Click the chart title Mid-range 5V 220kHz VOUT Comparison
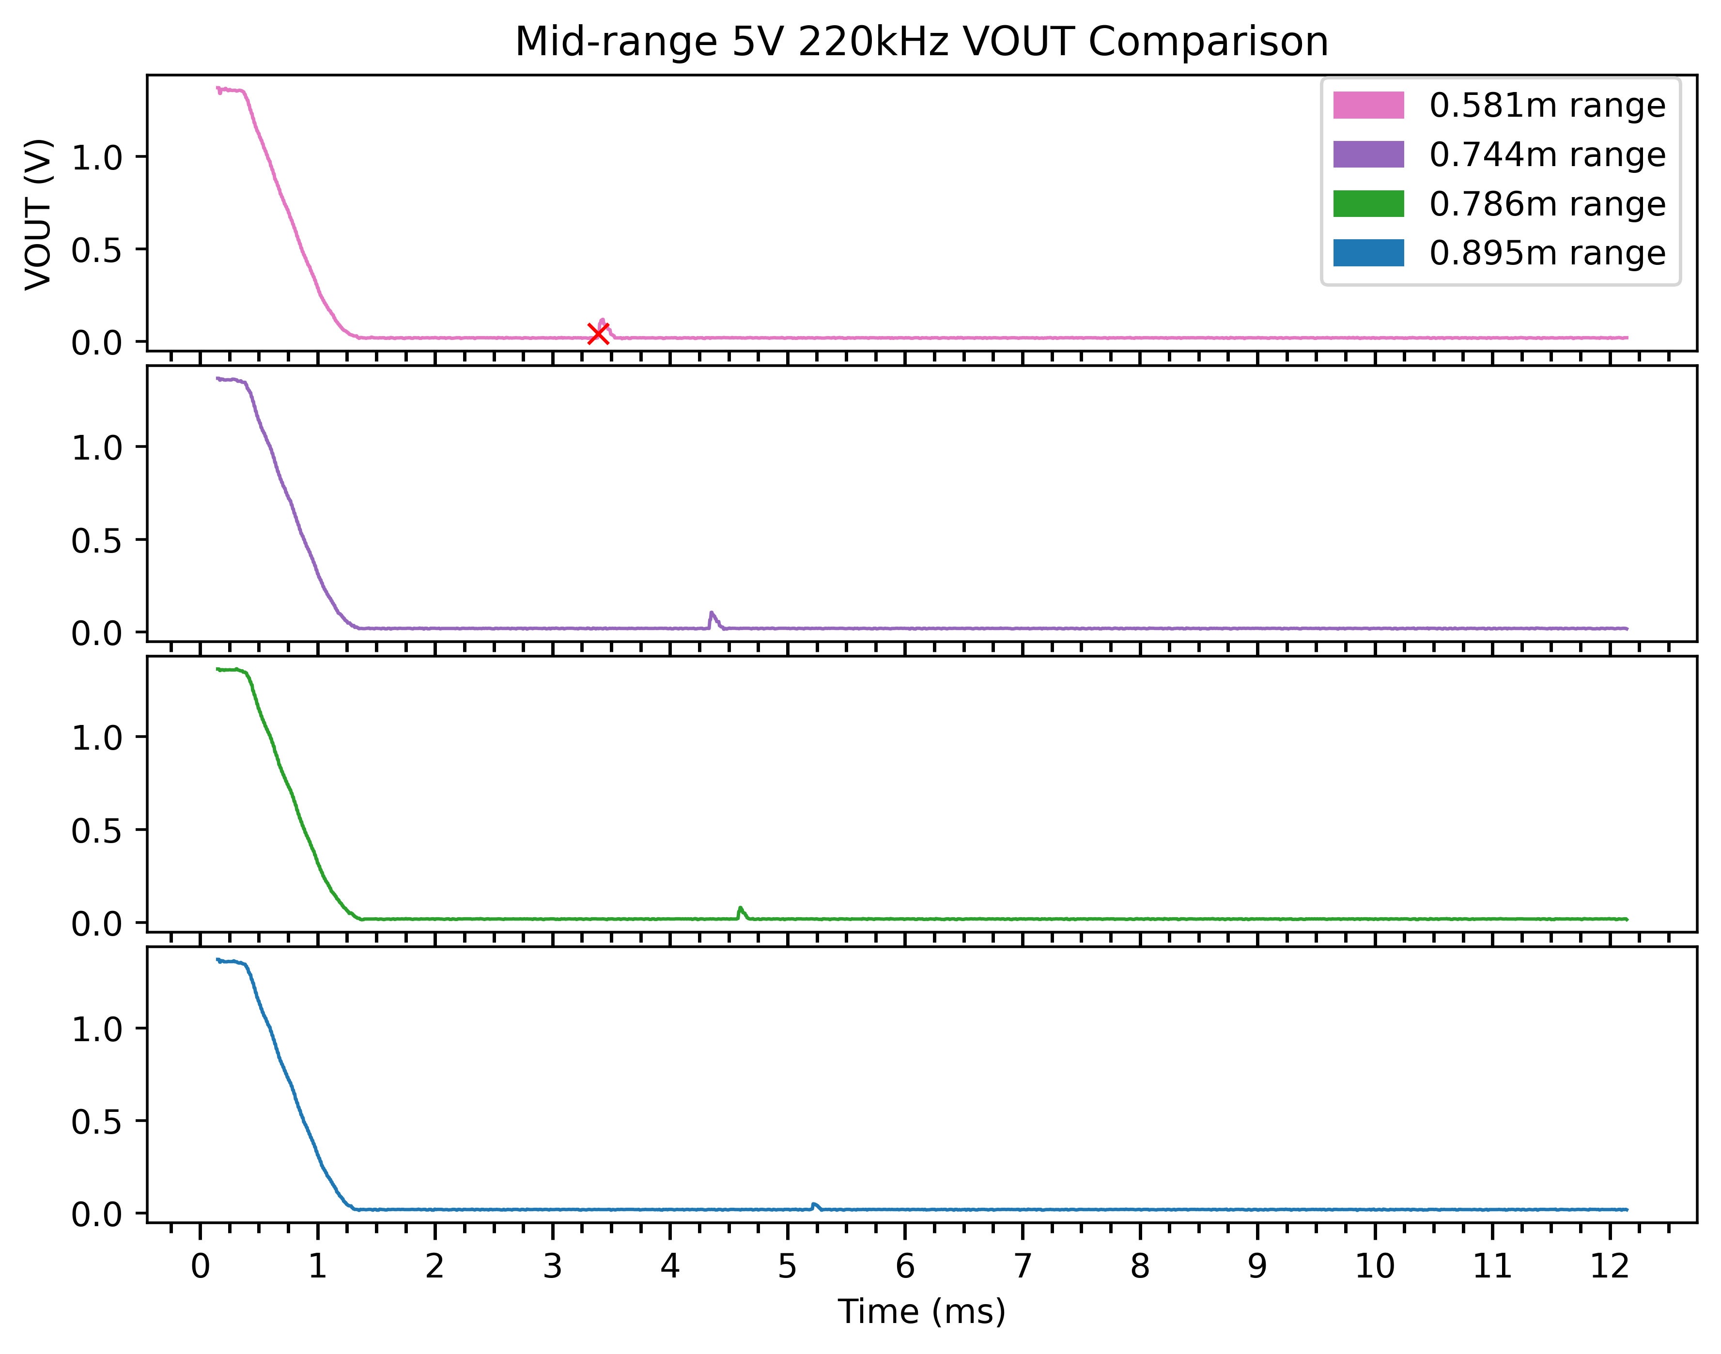(x=921, y=41)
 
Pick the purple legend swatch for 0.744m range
(x=1368, y=154)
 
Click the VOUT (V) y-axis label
(x=38, y=214)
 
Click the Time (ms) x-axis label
(x=921, y=1312)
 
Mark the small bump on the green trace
(x=741, y=910)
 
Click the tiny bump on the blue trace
(x=814, y=1205)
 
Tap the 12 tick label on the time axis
(x=1609, y=1267)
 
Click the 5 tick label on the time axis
(x=787, y=1267)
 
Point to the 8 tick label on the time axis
(x=1140, y=1267)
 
